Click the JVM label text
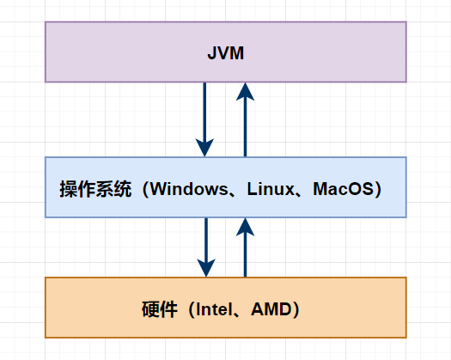pos(225,53)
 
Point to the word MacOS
pos(341,188)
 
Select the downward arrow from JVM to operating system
pos(205,116)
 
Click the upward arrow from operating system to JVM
pos(246,120)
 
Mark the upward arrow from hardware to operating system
pos(246,249)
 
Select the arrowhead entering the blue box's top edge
pos(205,147)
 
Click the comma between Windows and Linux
pos(229,192)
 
